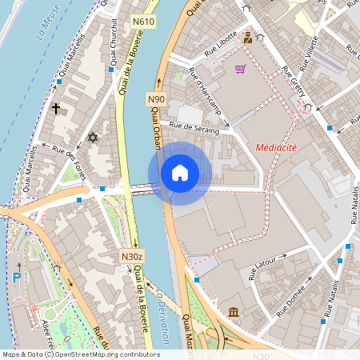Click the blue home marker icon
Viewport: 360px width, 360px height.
click(180, 173)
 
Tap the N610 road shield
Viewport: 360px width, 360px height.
click(143, 21)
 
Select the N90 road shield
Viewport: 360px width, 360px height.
click(156, 98)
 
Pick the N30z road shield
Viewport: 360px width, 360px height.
click(132, 256)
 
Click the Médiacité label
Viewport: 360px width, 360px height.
click(277, 148)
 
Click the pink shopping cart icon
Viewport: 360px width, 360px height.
click(240, 69)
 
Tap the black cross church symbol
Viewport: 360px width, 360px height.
click(56, 107)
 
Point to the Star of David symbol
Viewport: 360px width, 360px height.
click(92, 138)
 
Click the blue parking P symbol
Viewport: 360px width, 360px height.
click(17, 278)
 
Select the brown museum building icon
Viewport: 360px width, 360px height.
click(233, 311)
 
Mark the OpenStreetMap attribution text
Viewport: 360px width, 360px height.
click(81, 354)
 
